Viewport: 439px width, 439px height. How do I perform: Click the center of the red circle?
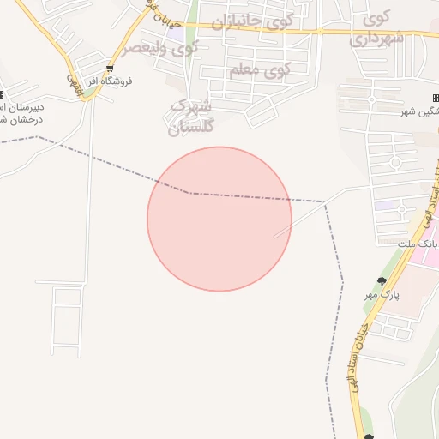(219, 219)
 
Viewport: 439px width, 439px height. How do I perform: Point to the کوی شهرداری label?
(376, 27)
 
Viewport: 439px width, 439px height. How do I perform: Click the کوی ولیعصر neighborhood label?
(159, 47)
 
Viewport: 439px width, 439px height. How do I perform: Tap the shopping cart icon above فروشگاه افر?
(109, 69)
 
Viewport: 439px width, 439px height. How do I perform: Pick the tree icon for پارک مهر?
(382, 280)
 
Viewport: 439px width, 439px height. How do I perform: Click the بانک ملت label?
(419, 244)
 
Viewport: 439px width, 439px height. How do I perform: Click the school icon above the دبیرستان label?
(2, 94)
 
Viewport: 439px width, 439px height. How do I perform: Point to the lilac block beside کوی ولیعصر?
(171, 36)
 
